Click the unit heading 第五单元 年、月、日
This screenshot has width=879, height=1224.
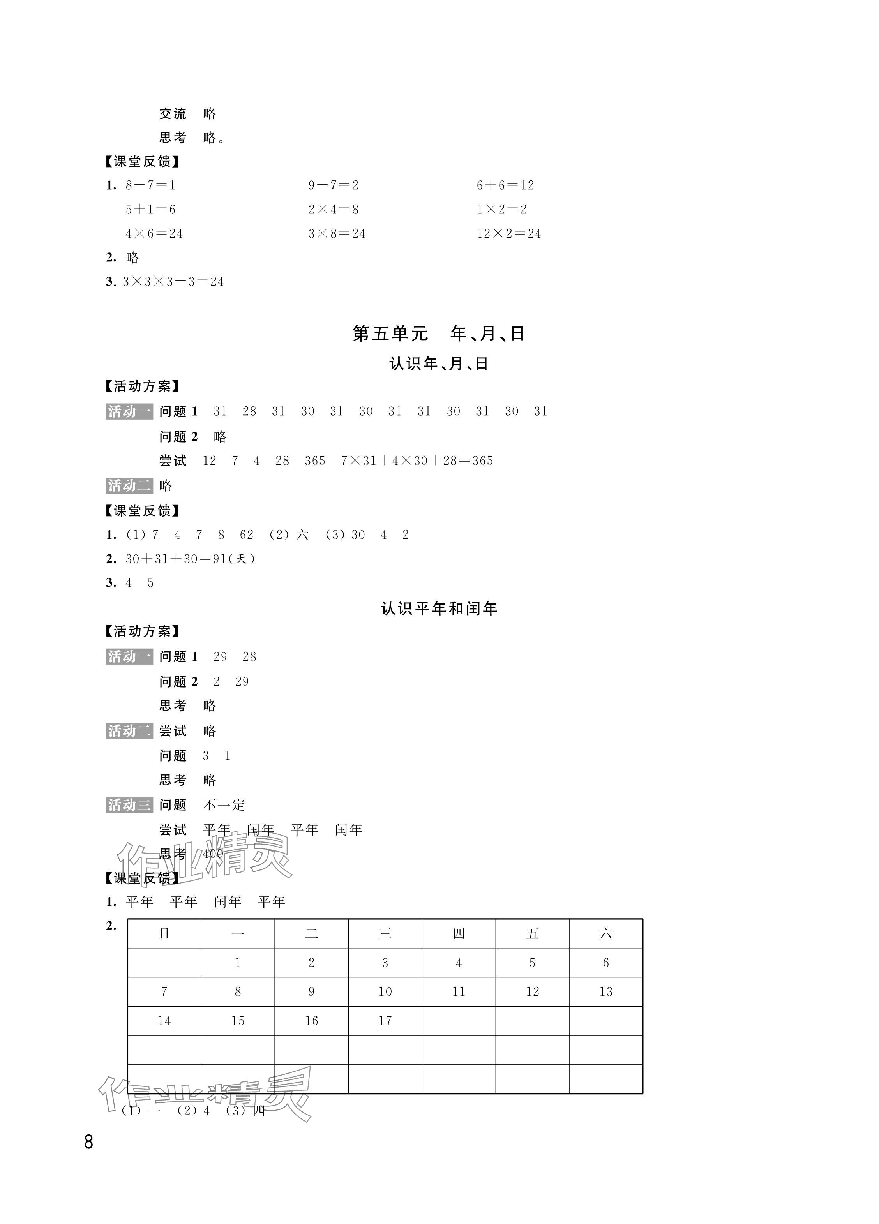pos(438,334)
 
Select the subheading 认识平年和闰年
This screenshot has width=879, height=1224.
pos(438,609)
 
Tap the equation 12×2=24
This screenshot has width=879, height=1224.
pos(508,234)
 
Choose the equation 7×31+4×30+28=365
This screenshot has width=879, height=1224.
pos(417,461)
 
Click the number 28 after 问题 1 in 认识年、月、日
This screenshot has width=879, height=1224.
pos(249,412)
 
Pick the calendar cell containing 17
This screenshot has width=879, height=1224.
pos(385,1021)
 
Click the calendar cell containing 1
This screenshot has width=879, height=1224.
pos(238,963)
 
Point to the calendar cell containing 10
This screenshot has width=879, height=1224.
pos(385,992)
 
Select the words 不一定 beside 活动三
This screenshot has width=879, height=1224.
pos(224,806)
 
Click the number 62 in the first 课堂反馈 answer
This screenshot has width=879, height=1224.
pos(246,535)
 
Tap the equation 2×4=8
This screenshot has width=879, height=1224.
pos(333,210)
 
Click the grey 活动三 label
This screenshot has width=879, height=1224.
pos(129,805)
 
